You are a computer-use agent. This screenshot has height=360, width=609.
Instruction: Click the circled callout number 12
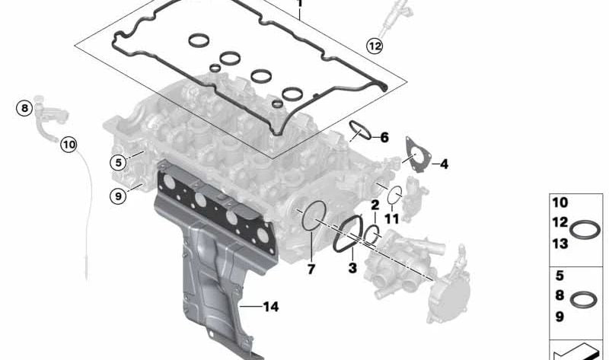[x=375, y=46]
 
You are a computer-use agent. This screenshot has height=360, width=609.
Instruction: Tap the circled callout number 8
[x=24, y=108]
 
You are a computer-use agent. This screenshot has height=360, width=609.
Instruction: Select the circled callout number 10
[x=69, y=145]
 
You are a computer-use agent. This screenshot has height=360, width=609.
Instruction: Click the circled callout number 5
[x=119, y=162]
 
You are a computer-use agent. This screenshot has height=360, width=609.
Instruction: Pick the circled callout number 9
[x=119, y=196]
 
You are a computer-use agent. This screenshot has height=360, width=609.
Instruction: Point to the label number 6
[x=384, y=137]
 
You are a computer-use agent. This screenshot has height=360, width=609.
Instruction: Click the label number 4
[x=444, y=164]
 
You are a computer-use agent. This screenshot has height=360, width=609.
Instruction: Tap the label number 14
[x=271, y=307]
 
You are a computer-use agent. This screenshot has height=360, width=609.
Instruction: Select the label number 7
[x=311, y=269]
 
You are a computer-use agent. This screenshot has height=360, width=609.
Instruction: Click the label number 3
[x=352, y=268]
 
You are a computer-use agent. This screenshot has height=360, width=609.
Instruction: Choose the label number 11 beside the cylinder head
[x=391, y=219]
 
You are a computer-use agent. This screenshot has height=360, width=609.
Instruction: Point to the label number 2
[x=375, y=205]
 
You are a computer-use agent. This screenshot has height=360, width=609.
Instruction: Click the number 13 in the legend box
[x=560, y=244]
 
